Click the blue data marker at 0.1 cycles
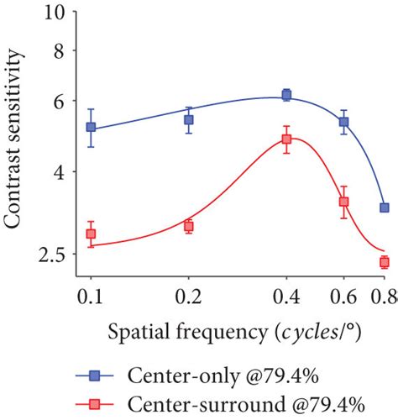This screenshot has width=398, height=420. [x=91, y=128]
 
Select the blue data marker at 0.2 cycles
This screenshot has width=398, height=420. [x=189, y=119]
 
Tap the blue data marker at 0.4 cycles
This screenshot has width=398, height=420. [x=286, y=95]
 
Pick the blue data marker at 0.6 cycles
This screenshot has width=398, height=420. [x=343, y=122]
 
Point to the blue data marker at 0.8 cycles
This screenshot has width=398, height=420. [x=384, y=207]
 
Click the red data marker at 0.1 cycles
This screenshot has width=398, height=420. [x=91, y=234]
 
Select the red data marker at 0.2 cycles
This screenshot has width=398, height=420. [x=189, y=226]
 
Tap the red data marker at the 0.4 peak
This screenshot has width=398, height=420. [x=286, y=139]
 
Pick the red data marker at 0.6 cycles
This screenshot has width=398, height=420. [x=343, y=202]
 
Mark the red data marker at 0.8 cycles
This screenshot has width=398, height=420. [x=384, y=262]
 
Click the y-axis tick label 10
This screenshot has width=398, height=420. [x=53, y=14]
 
